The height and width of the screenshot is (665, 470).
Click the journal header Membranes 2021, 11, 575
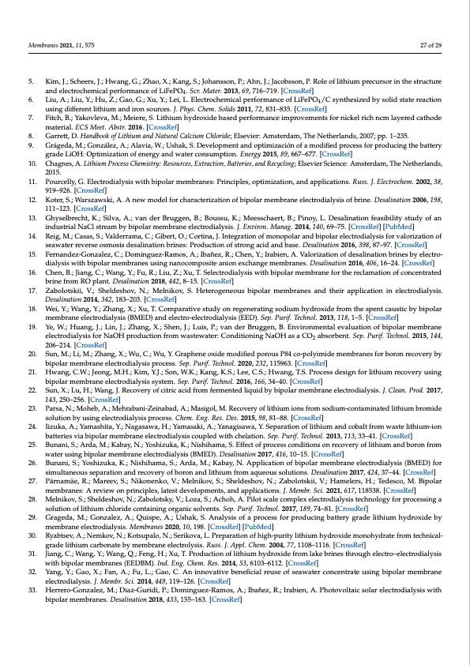(x=59, y=47)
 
